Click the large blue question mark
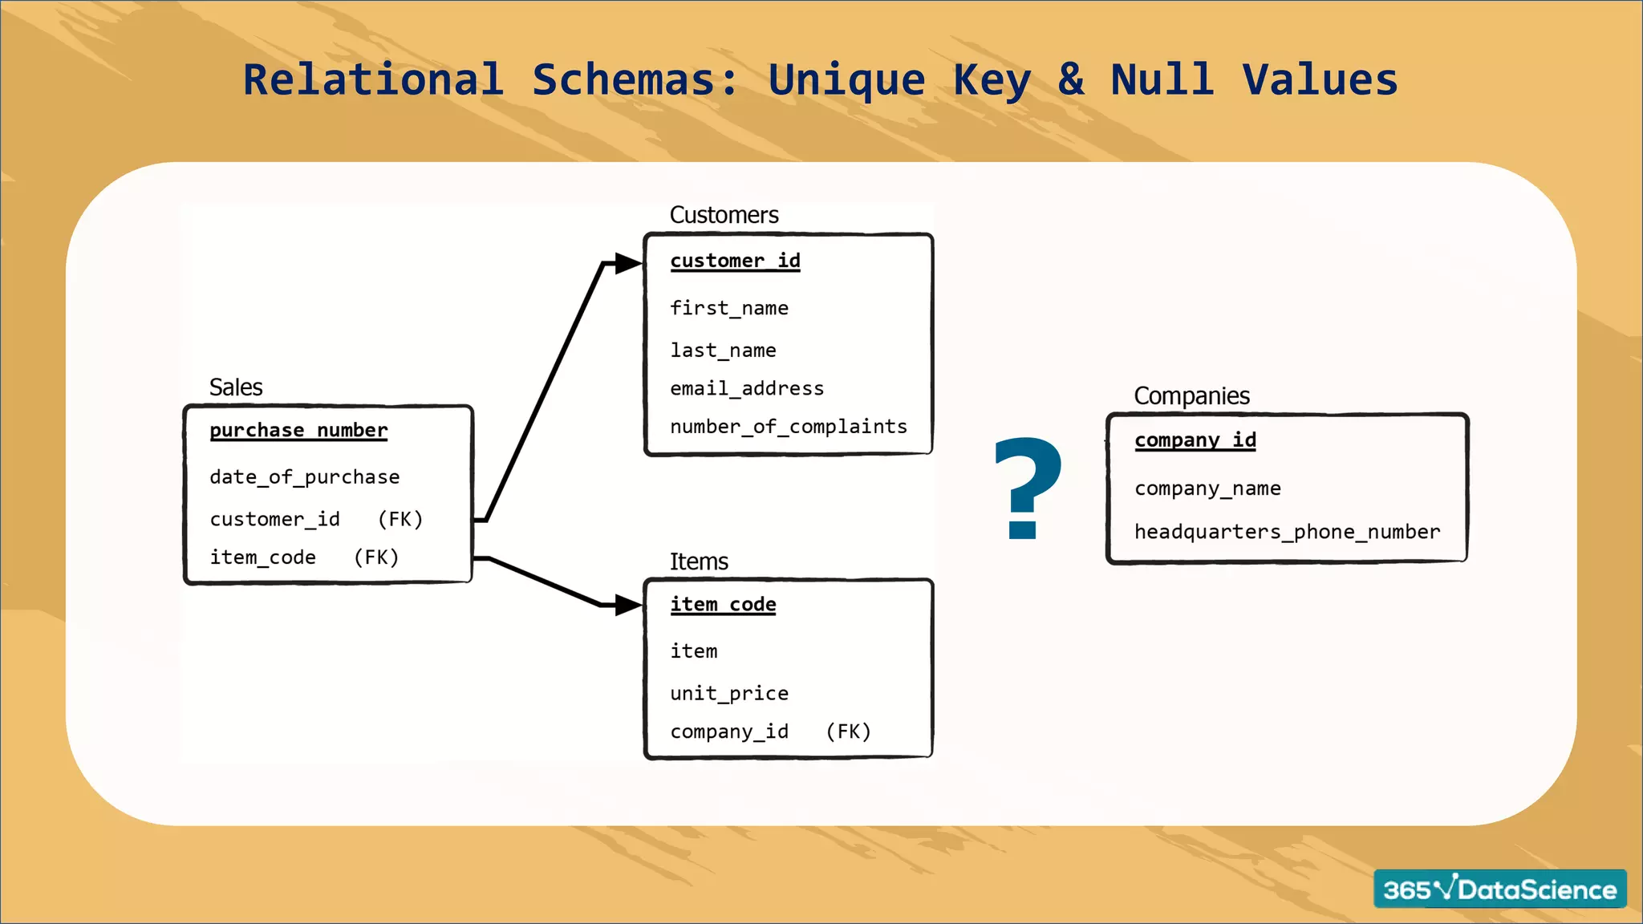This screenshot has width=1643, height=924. [1027, 487]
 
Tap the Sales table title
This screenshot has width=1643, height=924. [236, 387]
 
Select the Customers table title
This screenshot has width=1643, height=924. [724, 215]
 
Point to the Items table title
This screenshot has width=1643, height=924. [699, 561]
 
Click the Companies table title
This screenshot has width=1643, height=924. [1191, 395]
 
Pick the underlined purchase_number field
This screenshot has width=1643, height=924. [298, 431]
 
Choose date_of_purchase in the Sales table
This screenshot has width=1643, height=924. [304, 477]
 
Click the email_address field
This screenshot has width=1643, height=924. [747, 389]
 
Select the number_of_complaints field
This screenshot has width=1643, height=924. [789, 427]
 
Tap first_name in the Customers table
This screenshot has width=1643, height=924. [729, 308]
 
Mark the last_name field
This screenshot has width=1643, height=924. [723, 351]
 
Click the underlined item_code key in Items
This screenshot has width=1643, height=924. [723, 605]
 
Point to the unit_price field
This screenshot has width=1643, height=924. [729, 693]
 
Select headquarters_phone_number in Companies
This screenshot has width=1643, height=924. [1287, 532]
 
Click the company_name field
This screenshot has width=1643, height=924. [1207, 488]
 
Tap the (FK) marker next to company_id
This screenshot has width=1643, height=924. [848, 731]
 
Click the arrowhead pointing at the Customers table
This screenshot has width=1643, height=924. [627, 263]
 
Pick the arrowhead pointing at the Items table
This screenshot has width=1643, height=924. [627, 605]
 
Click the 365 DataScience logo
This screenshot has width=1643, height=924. [1499, 889]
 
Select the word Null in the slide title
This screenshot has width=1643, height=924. [1162, 79]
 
